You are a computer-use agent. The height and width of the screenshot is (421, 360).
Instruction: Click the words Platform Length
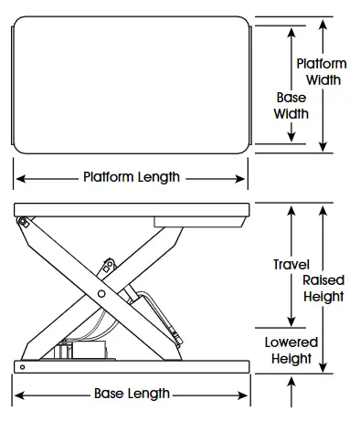tap(131, 176)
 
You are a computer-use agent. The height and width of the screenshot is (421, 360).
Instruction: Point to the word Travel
tap(291, 265)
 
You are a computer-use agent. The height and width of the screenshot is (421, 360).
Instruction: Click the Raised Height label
tap(323, 288)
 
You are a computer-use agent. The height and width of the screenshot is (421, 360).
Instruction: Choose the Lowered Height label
tap(292, 350)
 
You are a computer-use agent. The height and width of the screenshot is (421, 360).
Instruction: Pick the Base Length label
tap(132, 394)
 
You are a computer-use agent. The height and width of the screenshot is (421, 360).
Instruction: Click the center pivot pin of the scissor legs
tap(100, 293)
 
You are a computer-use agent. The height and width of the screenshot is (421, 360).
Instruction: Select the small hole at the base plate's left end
tap(19, 365)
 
